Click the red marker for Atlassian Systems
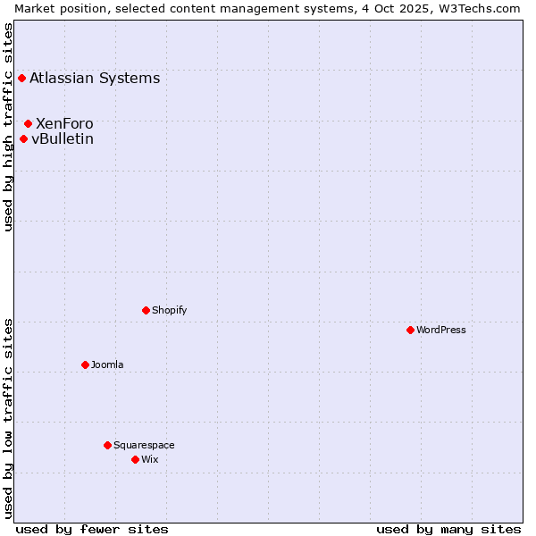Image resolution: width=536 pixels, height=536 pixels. pos(21,78)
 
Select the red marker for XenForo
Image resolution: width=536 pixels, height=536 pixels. pos(29,123)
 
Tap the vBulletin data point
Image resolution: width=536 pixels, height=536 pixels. pos(23,138)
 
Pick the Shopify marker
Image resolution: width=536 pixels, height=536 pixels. pos(146,310)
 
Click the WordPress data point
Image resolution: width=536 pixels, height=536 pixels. pos(410,330)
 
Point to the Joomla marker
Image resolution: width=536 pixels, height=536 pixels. pos(85,364)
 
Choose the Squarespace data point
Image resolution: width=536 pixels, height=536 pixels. pos(107,445)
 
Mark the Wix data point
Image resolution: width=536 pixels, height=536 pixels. pos(135,459)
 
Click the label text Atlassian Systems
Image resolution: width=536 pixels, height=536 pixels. pos(95,78)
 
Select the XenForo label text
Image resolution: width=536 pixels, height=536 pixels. pos(64,123)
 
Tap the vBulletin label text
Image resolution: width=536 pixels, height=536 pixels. pos(63,138)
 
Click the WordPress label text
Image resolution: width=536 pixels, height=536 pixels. pos(441,330)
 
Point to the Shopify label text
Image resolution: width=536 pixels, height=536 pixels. pos(170,310)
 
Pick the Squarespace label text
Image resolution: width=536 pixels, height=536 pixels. pos(144,445)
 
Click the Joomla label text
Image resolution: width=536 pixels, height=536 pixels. pos(107,364)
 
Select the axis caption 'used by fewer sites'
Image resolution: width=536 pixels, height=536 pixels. pos(92,529)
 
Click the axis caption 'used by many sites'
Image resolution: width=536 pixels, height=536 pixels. pos(448,529)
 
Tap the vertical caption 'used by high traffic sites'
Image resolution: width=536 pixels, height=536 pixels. pos(8,128)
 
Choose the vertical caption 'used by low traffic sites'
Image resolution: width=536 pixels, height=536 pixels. pos(8,417)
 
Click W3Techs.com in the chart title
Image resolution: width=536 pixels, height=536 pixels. pos(480,8)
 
